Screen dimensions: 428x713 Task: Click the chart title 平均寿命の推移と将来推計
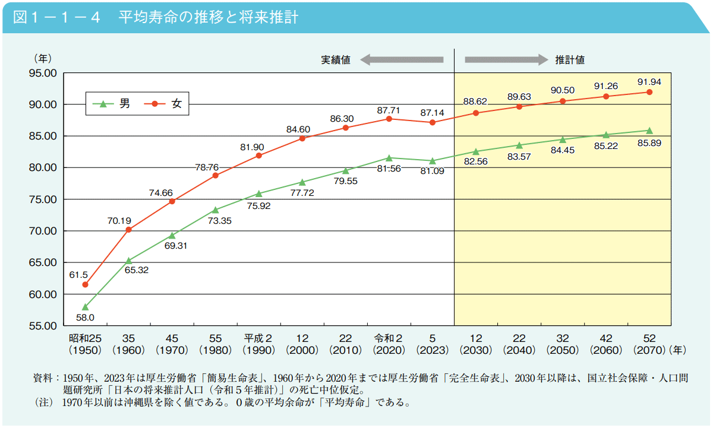pyautogui.click(x=207, y=17)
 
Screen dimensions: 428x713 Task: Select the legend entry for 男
pyautogui.click(x=115, y=104)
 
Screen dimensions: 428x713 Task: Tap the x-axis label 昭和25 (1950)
pyautogui.click(x=85, y=344)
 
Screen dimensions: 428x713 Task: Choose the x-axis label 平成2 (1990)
pyautogui.click(x=258, y=344)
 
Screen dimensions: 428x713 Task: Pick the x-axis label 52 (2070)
pyautogui.click(x=649, y=344)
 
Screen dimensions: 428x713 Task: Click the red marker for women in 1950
pyautogui.click(x=85, y=284)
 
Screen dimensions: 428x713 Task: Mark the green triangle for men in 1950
pyautogui.click(x=85, y=307)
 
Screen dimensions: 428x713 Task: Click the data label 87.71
pyautogui.click(x=389, y=110)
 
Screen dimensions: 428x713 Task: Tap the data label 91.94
pyautogui.click(x=649, y=82)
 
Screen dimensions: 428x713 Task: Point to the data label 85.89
pyautogui.click(x=649, y=143)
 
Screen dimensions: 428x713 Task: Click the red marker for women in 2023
pyautogui.click(x=432, y=122)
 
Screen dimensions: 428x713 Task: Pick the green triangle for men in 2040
pyautogui.click(x=519, y=145)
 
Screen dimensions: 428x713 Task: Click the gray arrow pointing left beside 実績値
pyautogui.click(x=402, y=59)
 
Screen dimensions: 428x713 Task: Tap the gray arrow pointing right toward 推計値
pyautogui.click(x=506, y=59)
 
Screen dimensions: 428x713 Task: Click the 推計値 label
pyautogui.click(x=570, y=60)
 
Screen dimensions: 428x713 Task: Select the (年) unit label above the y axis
pyautogui.click(x=43, y=58)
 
